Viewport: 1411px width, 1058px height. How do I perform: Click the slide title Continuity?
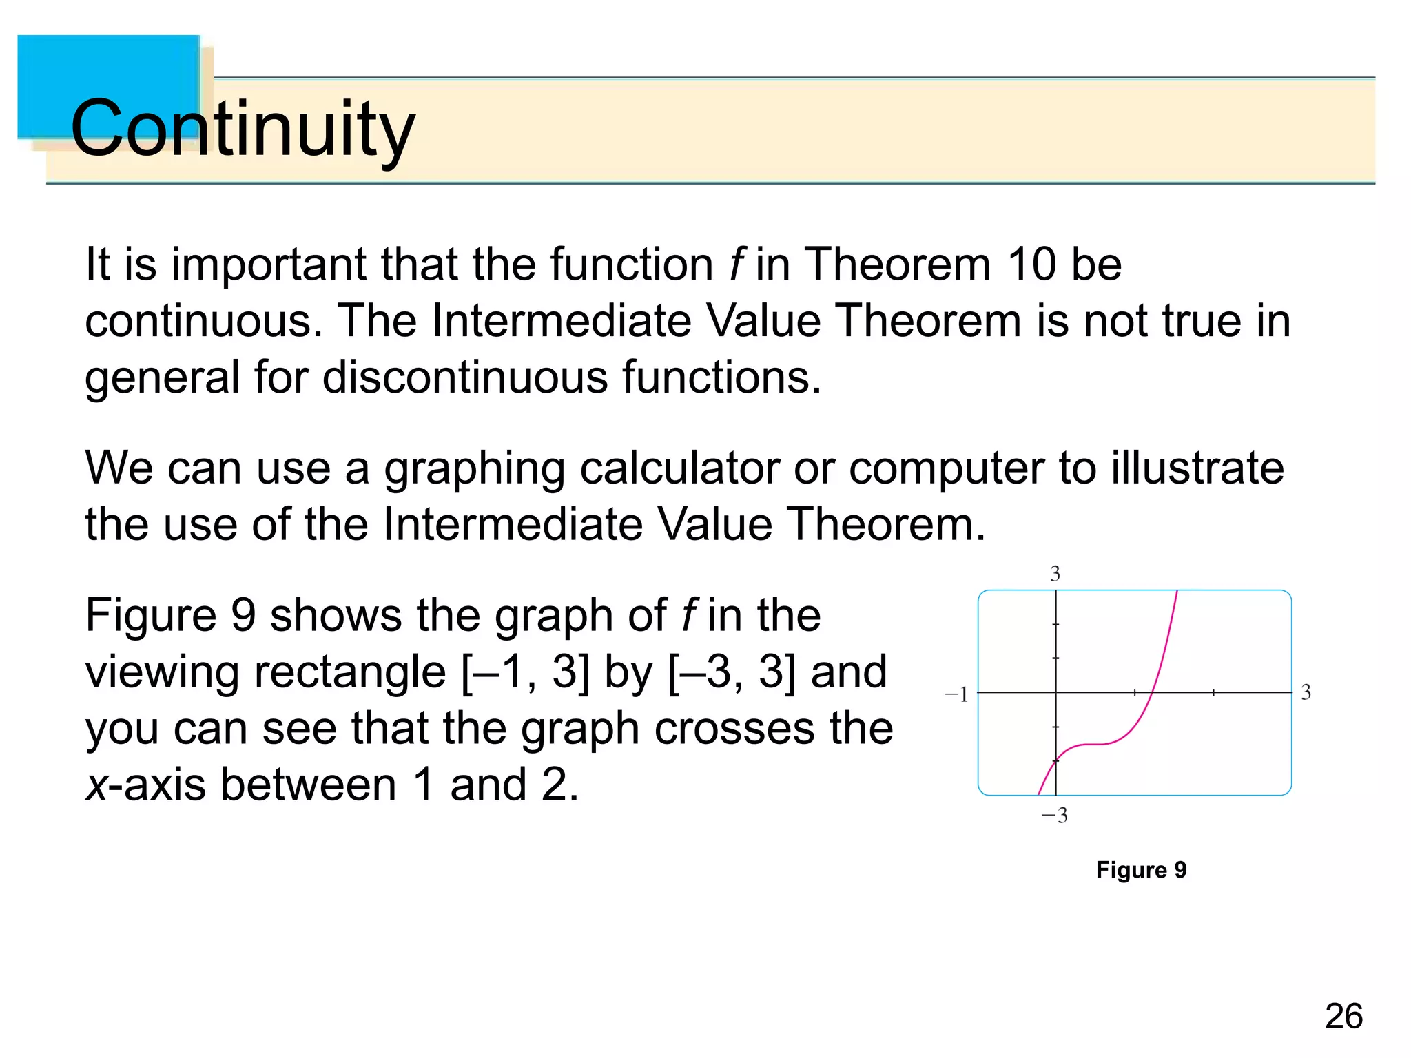pos(243,129)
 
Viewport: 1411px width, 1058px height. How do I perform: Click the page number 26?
pos(1343,1016)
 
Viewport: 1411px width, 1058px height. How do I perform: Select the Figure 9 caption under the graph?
pos(1141,870)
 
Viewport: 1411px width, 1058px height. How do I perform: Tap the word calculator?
pos(679,468)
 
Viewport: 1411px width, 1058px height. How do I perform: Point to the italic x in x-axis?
pos(96,785)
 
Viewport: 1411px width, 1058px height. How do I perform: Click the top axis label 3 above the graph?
pos(1055,574)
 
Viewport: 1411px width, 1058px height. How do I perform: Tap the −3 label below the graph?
pos(1054,816)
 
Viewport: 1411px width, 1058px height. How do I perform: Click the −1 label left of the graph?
pos(956,694)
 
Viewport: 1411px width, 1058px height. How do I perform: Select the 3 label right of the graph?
pos(1306,692)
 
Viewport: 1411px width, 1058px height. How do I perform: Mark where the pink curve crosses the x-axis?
pos(1153,692)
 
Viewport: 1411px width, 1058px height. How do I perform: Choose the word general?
pos(162,378)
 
